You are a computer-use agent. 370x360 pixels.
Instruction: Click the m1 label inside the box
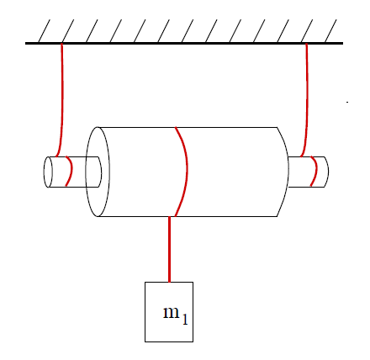pyautogui.click(x=176, y=315)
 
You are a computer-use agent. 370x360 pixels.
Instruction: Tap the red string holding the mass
pyautogui.click(x=169, y=249)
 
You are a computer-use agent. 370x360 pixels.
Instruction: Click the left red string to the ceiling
pyautogui.click(x=62, y=100)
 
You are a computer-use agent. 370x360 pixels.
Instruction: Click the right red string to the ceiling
pyautogui.click(x=307, y=100)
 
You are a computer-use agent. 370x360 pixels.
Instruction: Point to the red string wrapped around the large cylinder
pyautogui.click(x=186, y=172)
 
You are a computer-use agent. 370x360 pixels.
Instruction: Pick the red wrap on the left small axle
pyautogui.click(x=71, y=171)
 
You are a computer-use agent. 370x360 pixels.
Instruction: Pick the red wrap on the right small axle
pyautogui.click(x=316, y=171)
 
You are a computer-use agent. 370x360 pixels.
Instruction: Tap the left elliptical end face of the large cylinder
pyautogui.click(x=98, y=172)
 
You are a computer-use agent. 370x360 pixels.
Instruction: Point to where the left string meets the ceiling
pyautogui.click(x=61, y=44)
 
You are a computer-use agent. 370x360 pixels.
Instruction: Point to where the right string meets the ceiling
pyautogui.click(x=306, y=44)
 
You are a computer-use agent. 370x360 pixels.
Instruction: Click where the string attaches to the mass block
pyautogui.click(x=169, y=282)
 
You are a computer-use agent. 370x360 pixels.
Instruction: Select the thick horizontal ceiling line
pyautogui.click(x=184, y=43)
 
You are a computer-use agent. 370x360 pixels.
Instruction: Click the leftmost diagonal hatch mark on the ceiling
pyautogui.click(x=44, y=31)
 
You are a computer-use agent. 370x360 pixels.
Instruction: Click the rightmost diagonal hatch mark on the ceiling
pyautogui.click(x=330, y=31)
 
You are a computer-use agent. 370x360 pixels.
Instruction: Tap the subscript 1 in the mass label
pyautogui.click(x=184, y=320)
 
